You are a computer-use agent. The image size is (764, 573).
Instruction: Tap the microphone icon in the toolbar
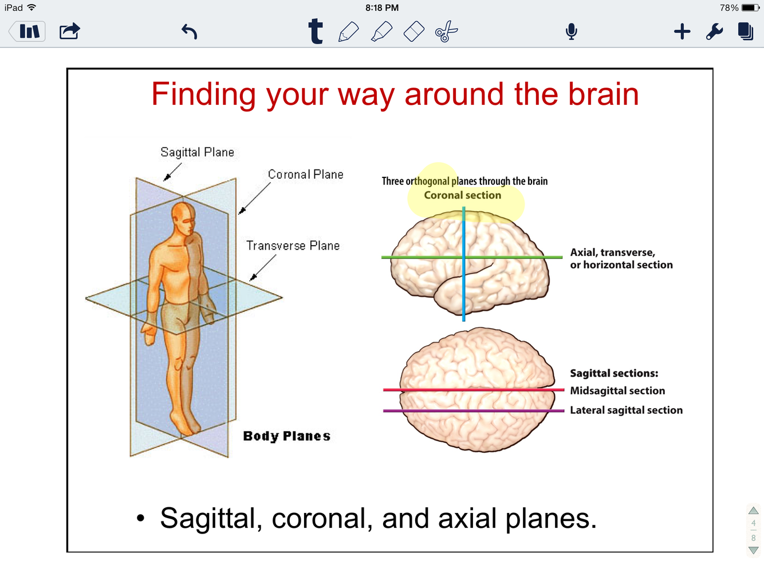pos(571,31)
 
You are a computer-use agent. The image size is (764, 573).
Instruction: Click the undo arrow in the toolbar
pos(190,31)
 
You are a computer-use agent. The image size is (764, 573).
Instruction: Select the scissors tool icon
pos(447,31)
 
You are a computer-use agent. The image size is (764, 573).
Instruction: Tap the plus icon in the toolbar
pos(682,31)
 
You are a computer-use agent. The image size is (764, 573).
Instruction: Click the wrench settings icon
pos(714,31)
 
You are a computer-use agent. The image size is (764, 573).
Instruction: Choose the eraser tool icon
pos(414,31)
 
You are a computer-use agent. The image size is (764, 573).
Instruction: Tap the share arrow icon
pos(70,31)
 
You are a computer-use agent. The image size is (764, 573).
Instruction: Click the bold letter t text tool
pos(316,31)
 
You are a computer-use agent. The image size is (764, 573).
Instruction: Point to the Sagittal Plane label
pos(197,152)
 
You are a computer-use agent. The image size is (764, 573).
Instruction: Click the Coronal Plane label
pos(305,175)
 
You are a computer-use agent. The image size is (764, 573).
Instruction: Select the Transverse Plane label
pos(293,246)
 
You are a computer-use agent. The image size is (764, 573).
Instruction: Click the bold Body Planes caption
pos(286,436)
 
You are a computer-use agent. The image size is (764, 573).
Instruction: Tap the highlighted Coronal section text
pos(462,195)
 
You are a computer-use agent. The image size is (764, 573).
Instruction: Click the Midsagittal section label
pos(617,391)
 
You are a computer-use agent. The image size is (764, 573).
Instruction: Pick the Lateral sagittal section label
pos(626,410)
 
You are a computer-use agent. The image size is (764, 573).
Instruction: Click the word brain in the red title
pos(603,94)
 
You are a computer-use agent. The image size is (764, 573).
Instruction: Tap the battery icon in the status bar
pos(751,8)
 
